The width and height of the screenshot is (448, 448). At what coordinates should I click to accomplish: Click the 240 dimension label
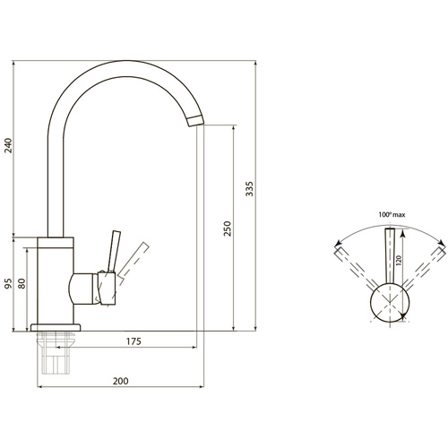click(x=8, y=145)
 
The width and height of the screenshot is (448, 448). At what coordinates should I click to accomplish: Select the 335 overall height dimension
click(x=249, y=189)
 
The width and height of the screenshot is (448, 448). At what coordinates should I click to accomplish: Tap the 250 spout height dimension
click(x=228, y=228)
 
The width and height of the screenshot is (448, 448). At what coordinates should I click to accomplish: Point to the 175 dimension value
click(x=134, y=341)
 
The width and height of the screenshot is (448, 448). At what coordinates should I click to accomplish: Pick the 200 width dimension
click(x=121, y=381)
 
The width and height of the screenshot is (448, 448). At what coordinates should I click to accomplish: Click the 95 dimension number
click(x=8, y=283)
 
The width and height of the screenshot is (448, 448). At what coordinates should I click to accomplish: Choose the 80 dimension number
click(x=22, y=283)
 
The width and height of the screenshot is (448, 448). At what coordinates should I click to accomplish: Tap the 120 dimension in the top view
click(x=398, y=261)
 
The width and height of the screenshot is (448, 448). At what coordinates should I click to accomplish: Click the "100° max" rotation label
click(x=392, y=214)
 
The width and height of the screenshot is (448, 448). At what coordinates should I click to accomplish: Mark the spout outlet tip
click(x=196, y=121)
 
